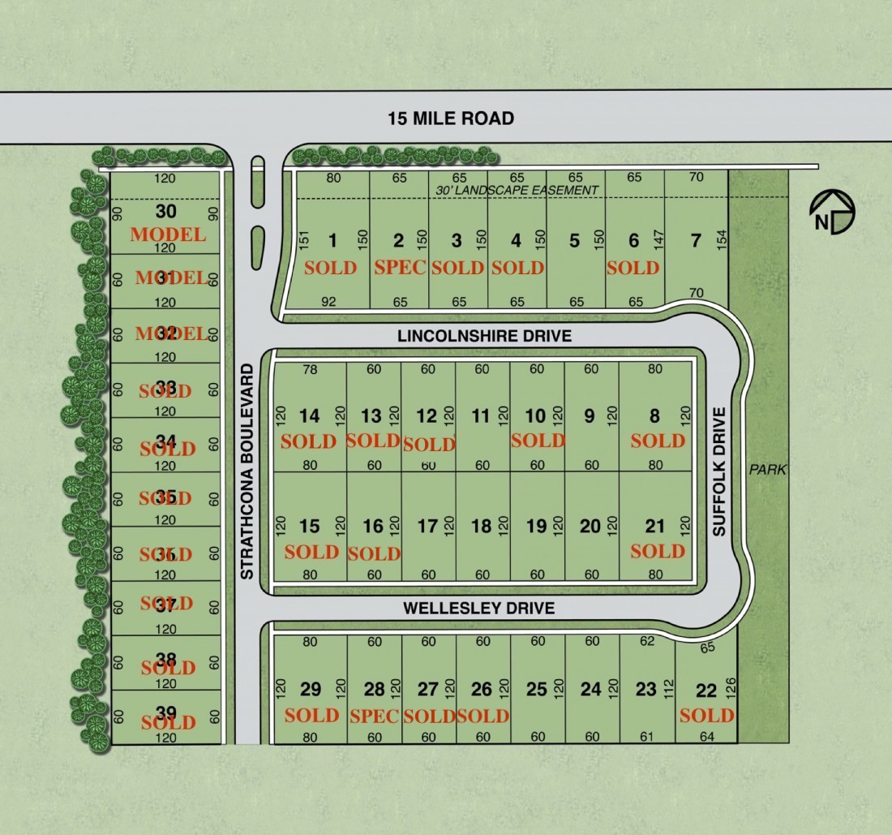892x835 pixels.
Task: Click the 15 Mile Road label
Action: [x=450, y=118]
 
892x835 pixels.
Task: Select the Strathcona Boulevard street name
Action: [x=248, y=471]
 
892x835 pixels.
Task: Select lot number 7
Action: [x=695, y=240]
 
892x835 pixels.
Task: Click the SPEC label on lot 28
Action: [x=374, y=716]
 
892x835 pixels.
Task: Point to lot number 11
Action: [x=481, y=416]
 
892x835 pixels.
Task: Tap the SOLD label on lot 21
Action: [x=658, y=551]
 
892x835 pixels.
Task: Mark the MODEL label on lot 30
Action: [x=168, y=235]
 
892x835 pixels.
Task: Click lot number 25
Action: [x=536, y=689]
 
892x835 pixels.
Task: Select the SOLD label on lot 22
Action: [x=706, y=715]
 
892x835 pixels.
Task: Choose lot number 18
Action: [x=481, y=526]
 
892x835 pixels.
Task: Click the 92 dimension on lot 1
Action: [x=328, y=302]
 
